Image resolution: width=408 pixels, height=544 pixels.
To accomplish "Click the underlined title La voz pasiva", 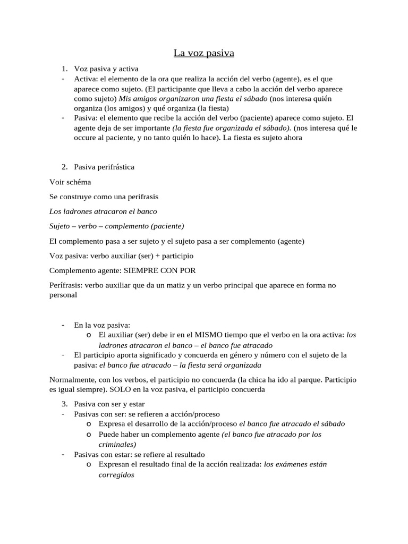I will point(204,53).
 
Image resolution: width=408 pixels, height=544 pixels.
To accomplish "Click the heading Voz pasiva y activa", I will point(106,69).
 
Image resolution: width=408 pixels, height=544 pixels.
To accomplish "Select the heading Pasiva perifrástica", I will point(104,167).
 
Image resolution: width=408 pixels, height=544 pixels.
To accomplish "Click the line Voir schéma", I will point(70,182).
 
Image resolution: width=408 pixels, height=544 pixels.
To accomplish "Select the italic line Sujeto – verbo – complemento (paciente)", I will point(116,226).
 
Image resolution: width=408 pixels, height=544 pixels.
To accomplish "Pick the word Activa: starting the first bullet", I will point(87,79).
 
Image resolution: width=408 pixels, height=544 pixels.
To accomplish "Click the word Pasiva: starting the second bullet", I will point(87,118).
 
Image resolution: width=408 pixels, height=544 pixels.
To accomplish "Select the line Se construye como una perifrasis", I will point(104,197).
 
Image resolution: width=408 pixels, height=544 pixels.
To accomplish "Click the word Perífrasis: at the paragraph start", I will point(66,285).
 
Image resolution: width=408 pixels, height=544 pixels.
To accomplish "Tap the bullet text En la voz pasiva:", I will point(102,325).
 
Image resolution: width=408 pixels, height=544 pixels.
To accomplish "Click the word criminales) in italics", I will point(117,444).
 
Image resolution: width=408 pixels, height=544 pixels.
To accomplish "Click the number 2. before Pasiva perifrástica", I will point(64,167).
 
